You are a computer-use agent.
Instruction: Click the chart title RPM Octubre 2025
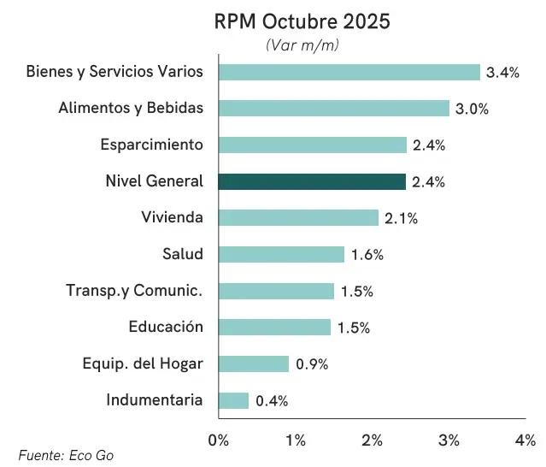tap(302, 21)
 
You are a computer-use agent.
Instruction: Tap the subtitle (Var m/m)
tap(302, 44)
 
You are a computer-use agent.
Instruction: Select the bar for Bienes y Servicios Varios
tap(349, 72)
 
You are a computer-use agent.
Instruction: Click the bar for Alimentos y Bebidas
tap(333, 108)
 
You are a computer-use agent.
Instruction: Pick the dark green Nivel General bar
tap(312, 181)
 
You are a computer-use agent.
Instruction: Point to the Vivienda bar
tap(298, 217)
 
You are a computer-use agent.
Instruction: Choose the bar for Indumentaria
tap(233, 400)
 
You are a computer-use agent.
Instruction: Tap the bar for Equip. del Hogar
tap(254, 364)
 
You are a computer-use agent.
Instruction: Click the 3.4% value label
tap(502, 73)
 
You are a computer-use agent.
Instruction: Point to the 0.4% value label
tap(272, 401)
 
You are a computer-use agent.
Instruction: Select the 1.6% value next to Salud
tap(367, 255)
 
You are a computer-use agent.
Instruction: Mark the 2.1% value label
tap(401, 218)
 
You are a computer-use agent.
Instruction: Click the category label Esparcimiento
tap(152, 145)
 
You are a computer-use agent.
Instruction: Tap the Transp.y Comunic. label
tap(134, 291)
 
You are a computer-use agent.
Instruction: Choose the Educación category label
tap(166, 327)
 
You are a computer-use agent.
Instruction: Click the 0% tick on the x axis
tap(219, 440)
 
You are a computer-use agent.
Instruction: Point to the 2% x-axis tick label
tap(373, 440)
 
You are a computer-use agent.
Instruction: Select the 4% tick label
tap(525, 440)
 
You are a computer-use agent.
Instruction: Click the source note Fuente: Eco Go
tap(66, 456)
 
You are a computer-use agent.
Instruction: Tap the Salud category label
tap(183, 254)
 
